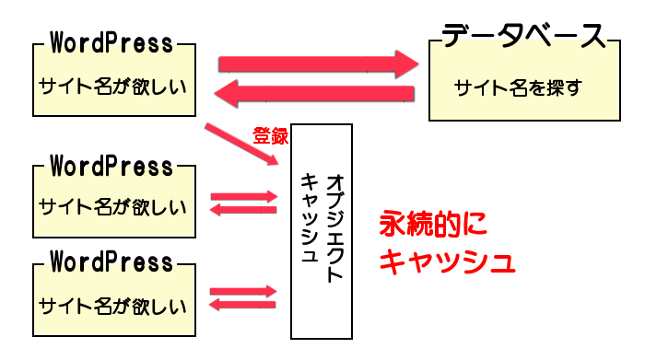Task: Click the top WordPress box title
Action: [x=111, y=42]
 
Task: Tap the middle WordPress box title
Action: [x=111, y=167]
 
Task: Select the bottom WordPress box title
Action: [x=111, y=262]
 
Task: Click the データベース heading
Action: [x=523, y=36]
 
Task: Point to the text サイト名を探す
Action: [x=518, y=88]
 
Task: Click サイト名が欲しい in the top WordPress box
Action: [x=111, y=87]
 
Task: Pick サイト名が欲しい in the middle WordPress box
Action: [x=111, y=205]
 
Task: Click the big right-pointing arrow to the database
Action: [x=318, y=64]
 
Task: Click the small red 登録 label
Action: [x=270, y=135]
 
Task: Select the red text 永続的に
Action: [x=433, y=225]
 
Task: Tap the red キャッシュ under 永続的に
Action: [x=447, y=262]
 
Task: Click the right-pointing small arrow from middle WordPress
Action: [x=244, y=196]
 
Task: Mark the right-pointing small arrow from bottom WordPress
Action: [x=244, y=292]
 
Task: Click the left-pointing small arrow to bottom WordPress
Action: [x=244, y=305]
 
